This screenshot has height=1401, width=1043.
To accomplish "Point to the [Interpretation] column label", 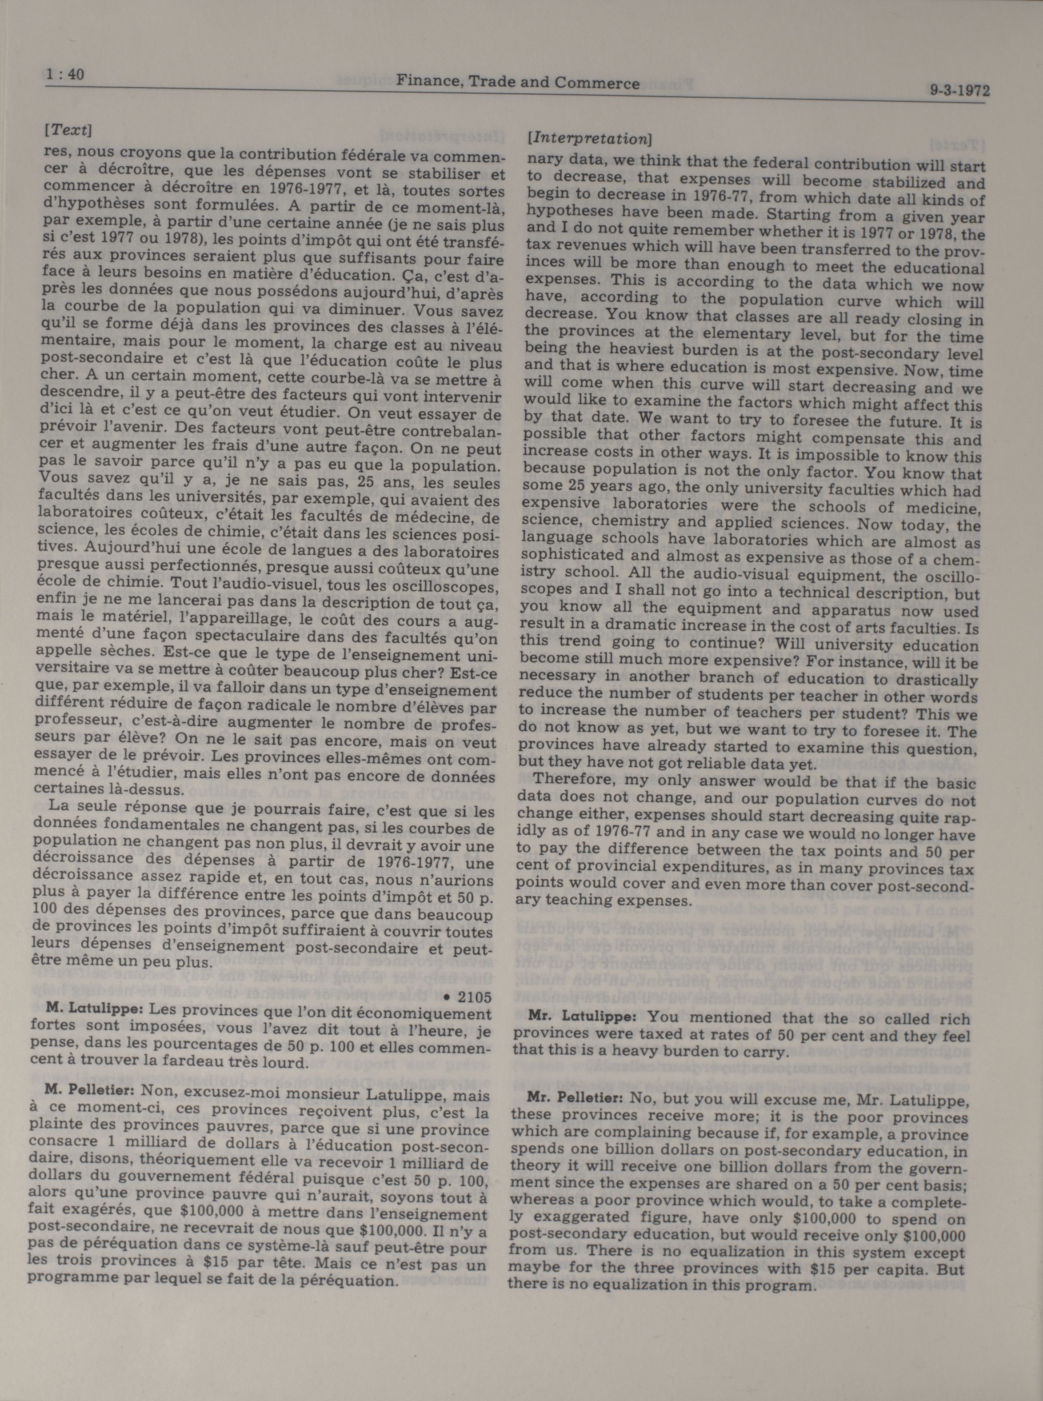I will coord(588,138).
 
